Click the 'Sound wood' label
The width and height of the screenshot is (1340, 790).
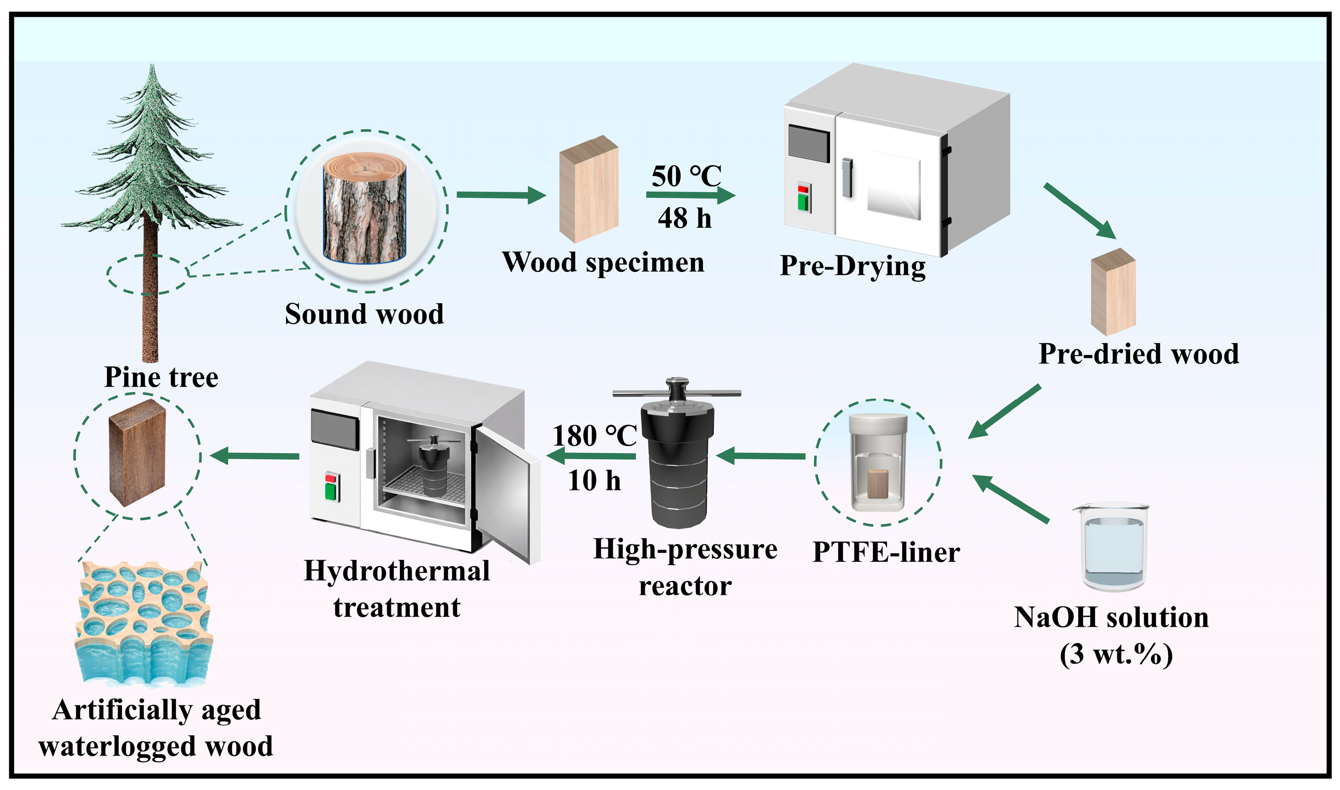364,314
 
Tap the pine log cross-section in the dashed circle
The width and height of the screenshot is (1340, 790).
365,208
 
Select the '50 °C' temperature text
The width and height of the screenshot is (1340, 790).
686,176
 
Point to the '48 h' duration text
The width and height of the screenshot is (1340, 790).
685,218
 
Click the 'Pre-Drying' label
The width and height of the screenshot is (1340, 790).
852,266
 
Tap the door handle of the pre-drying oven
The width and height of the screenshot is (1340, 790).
847,177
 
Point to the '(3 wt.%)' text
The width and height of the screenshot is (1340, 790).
1116,654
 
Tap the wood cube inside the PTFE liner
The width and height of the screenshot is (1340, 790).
878,484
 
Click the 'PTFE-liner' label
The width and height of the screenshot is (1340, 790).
886,552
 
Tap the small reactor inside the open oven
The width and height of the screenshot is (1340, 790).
434,465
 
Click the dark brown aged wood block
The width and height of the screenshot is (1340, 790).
137,453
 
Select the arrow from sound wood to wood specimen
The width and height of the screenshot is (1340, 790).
501,195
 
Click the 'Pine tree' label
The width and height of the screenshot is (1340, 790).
161,377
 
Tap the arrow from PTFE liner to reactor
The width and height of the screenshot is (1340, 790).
761,456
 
